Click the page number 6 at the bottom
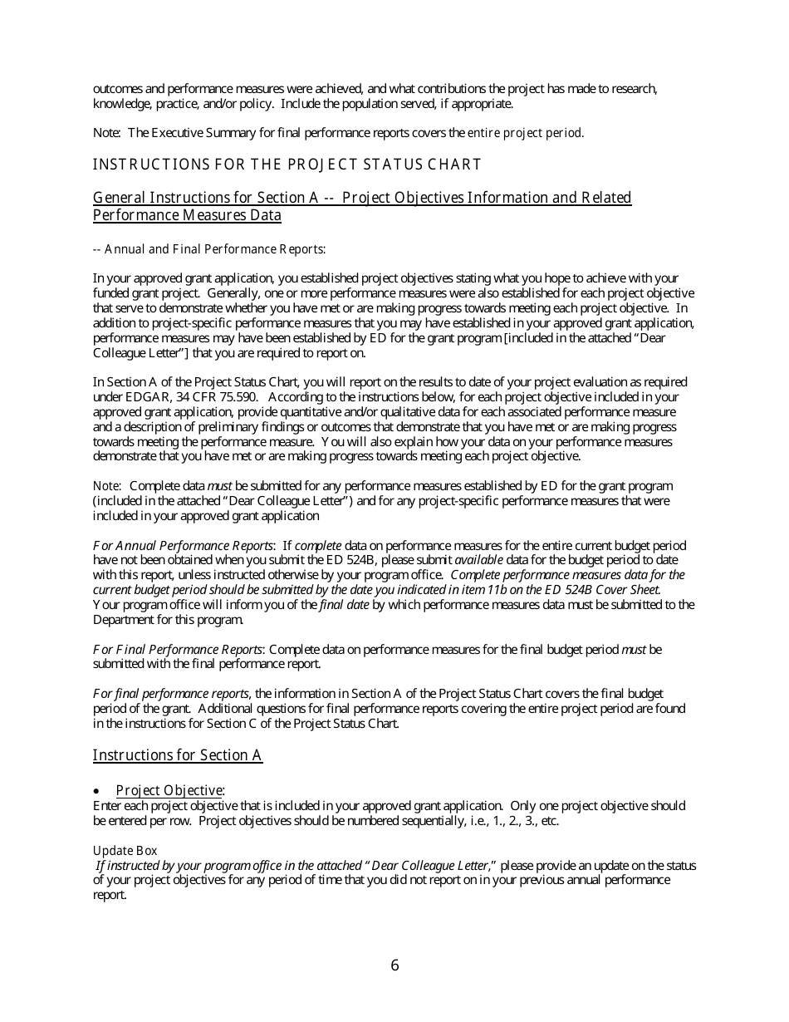[x=394, y=965]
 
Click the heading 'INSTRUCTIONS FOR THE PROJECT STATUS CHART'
[x=287, y=165]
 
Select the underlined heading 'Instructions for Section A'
[x=178, y=755]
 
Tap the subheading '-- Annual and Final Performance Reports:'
[x=209, y=249]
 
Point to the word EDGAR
[x=115, y=397]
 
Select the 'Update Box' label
[x=125, y=851]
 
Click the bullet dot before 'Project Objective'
[x=97, y=791]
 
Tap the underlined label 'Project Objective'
[x=169, y=791]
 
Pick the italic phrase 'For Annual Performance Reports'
[x=183, y=546]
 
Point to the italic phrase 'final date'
[x=345, y=605]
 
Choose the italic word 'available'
[x=478, y=561]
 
